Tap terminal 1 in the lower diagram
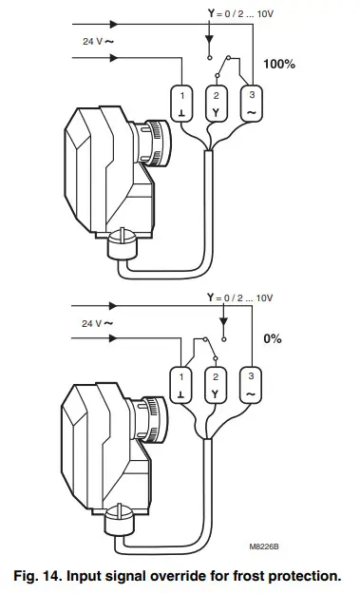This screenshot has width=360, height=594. click(181, 381)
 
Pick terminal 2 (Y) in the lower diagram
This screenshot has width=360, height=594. click(218, 381)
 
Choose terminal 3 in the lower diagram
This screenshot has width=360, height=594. click(253, 381)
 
